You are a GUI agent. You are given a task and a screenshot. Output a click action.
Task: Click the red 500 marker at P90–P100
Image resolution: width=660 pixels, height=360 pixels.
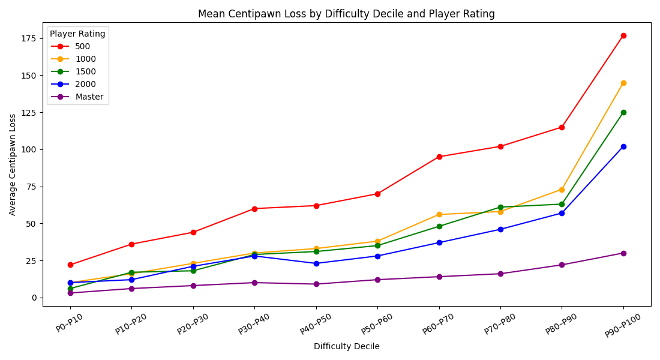[x=623, y=35]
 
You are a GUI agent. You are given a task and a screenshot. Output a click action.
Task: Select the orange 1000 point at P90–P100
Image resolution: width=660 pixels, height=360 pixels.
[x=623, y=83]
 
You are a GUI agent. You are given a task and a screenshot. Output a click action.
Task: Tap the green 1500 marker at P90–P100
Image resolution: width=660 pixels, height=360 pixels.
[x=623, y=112]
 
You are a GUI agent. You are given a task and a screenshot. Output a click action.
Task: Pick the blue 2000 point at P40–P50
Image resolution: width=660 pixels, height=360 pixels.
[x=316, y=263]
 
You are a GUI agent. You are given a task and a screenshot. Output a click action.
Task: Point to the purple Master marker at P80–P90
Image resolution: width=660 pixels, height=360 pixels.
[x=562, y=265]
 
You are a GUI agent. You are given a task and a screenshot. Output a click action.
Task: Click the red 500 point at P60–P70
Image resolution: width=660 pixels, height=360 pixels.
[x=439, y=157]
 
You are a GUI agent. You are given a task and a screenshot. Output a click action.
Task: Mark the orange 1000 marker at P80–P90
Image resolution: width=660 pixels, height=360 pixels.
[x=562, y=190]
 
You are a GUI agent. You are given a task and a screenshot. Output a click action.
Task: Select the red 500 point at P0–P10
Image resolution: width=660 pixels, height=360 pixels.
[x=70, y=265]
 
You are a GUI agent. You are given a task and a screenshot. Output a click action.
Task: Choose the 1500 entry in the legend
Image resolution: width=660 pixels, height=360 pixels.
[x=85, y=71]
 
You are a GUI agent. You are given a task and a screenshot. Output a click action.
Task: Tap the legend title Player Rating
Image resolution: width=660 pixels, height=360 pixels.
[x=77, y=34]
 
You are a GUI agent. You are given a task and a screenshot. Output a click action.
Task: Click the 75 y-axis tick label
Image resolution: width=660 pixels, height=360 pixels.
[x=32, y=187]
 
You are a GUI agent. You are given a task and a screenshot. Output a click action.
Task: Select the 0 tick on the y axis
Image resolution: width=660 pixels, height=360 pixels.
[x=35, y=298]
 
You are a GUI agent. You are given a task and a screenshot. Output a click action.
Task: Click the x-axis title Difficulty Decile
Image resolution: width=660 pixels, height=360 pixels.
[x=346, y=346]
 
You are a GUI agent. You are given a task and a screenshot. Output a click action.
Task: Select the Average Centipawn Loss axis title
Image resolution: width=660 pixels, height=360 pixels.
[x=13, y=164]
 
